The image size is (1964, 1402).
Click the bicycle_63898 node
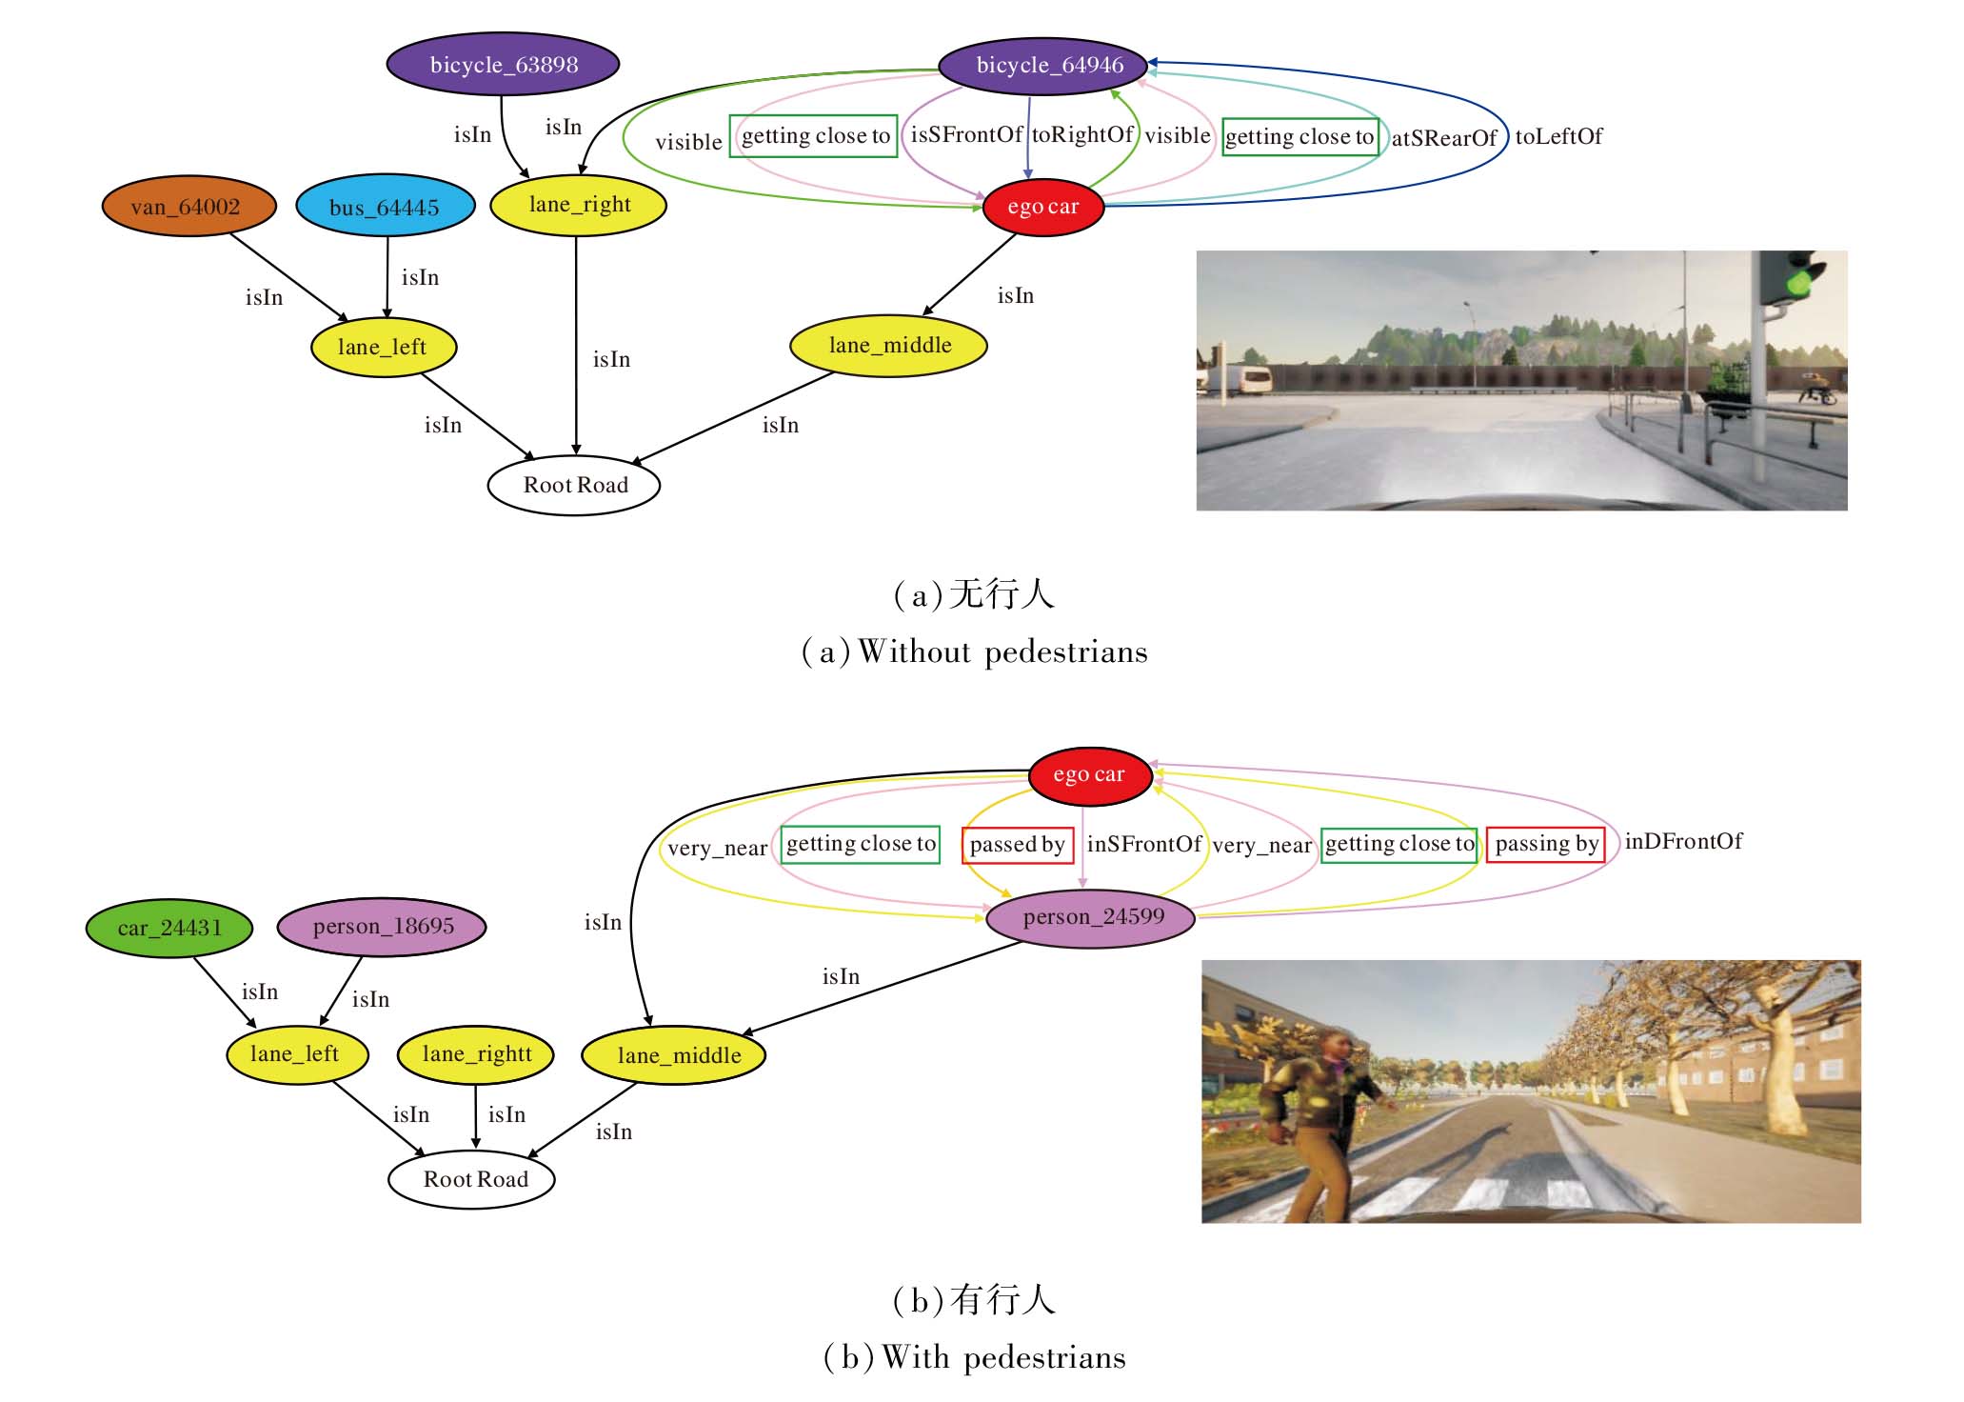(503, 65)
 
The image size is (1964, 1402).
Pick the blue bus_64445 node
(385, 207)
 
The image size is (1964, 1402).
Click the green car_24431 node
(169, 928)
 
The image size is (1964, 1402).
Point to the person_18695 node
(382, 927)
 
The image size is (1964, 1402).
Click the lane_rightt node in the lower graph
(476, 1054)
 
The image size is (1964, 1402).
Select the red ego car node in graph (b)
(1089, 775)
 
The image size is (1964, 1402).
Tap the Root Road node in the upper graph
(574, 486)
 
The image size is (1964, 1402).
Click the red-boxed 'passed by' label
(1017, 845)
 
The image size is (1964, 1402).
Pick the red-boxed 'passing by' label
(1546, 844)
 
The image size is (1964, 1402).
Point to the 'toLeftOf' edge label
(1558, 137)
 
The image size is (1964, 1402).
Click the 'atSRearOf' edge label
(1444, 139)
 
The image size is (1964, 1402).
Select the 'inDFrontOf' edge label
(1683, 842)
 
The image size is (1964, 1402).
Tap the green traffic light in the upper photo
(1796, 282)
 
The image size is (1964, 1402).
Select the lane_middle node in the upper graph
(889, 346)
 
